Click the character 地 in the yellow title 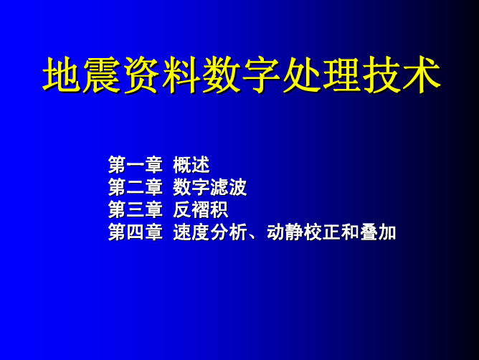click(62, 75)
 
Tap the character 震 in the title click(102, 75)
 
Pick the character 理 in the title click(341, 75)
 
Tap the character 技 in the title click(381, 75)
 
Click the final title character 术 click(422, 75)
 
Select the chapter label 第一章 click(136, 165)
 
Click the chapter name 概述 click(191, 165)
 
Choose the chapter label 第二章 click(136, 187)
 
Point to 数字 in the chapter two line click(191, 187)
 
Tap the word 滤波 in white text click(228, 187)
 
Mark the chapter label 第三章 click(136, 210)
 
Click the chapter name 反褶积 click(201, 210)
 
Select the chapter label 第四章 click(136, 232)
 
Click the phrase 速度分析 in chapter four click(210, 232)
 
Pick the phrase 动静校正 click(303, 232)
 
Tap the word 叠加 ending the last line click(378, 232)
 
